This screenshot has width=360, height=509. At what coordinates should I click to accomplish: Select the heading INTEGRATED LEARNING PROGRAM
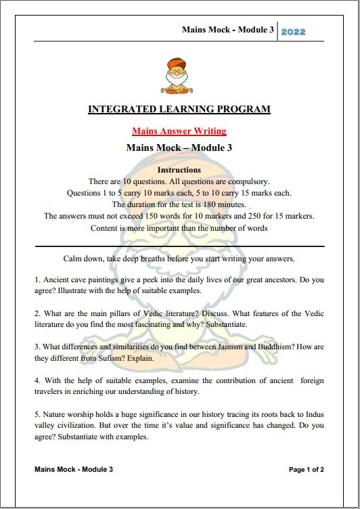[x=179, y=109]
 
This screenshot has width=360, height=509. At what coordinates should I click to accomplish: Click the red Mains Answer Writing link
[x=179, y=131]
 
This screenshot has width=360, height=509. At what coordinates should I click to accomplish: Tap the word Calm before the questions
[x=75, y=259]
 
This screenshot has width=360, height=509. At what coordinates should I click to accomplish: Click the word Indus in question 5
[x=312, y=413]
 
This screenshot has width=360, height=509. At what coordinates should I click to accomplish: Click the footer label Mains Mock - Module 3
[x=73, y=469]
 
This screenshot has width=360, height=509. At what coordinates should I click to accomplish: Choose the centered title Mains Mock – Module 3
[x=179, y=148]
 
